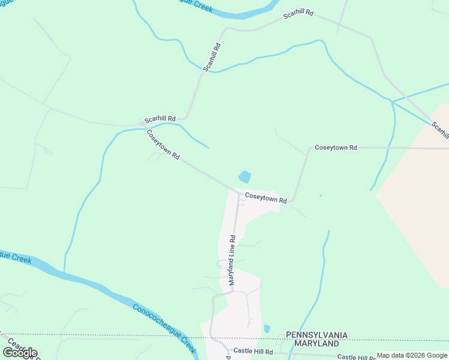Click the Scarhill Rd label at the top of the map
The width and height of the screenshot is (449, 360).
coord(299,14)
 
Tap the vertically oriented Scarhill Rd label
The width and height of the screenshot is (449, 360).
coord(212,57)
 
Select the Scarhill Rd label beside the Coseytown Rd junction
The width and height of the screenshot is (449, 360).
coord(160,119)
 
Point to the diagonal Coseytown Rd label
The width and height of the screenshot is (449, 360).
coord(163,145)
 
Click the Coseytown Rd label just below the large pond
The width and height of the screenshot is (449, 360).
coord(265,197)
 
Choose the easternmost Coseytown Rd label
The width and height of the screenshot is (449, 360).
coord(336,147)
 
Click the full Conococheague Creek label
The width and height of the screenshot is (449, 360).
coord(164,327)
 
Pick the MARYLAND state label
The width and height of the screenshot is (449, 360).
coord(316,344)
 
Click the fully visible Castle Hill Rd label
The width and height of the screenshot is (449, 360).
coord(253,351)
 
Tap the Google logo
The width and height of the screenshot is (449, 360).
coord(20,353)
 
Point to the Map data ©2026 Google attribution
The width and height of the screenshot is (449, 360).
coord(412,356)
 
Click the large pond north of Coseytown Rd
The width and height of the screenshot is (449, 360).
coord(245,177)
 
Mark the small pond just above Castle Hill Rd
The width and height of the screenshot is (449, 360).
coord(267,329)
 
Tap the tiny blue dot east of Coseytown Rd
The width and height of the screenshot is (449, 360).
coord(321,195)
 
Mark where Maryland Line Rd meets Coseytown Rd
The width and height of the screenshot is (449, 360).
coord(237,194)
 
